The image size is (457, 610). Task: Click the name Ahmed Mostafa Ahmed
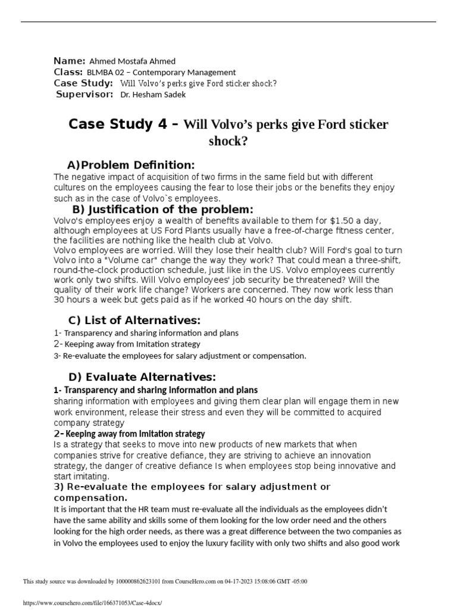pyautogui.click(x=132, y=61)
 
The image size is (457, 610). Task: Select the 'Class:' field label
pyautogui.click(x=68, y=72)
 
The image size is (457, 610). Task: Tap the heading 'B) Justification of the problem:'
pyautogui.click(x=162, y=209)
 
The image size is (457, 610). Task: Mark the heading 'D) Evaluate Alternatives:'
pyautogui.click(x=142, y=376)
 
